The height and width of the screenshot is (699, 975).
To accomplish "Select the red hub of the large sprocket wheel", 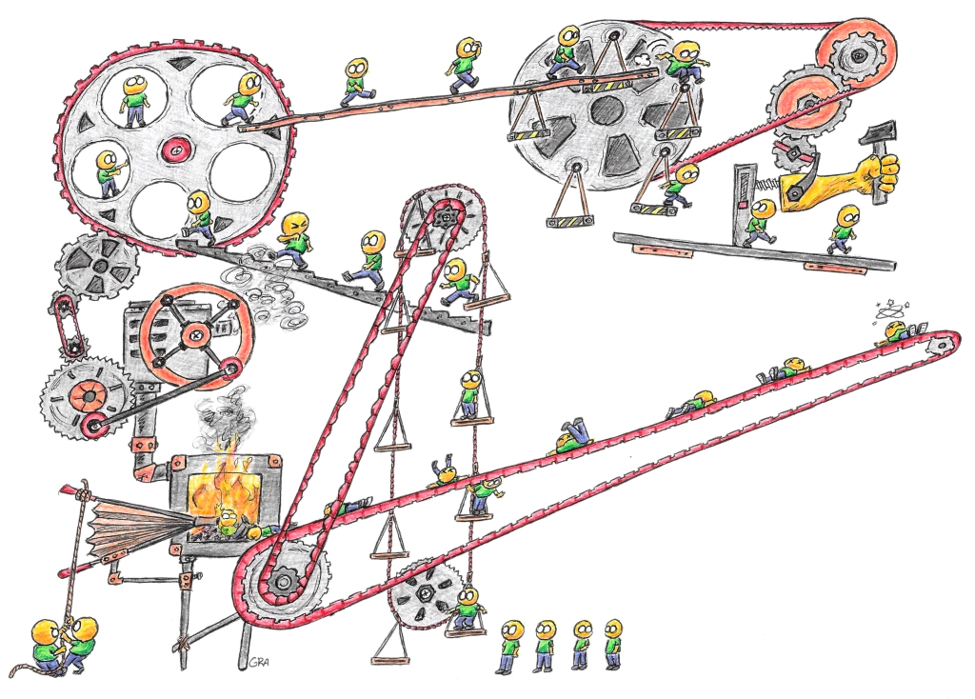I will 174,149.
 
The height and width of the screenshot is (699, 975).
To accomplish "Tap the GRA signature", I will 254,662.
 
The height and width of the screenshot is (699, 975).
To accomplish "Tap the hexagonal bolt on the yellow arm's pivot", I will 790,152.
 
